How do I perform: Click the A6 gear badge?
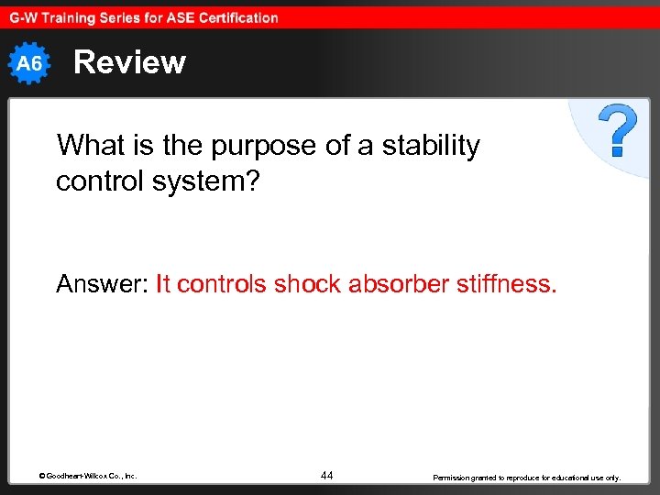pos(30,63)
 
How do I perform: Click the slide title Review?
pos(129,62)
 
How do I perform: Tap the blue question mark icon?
pos(618,130)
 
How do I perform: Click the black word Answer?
pos(103,284)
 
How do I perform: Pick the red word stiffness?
pos(508,284)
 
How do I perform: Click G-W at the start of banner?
pos(25,17)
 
